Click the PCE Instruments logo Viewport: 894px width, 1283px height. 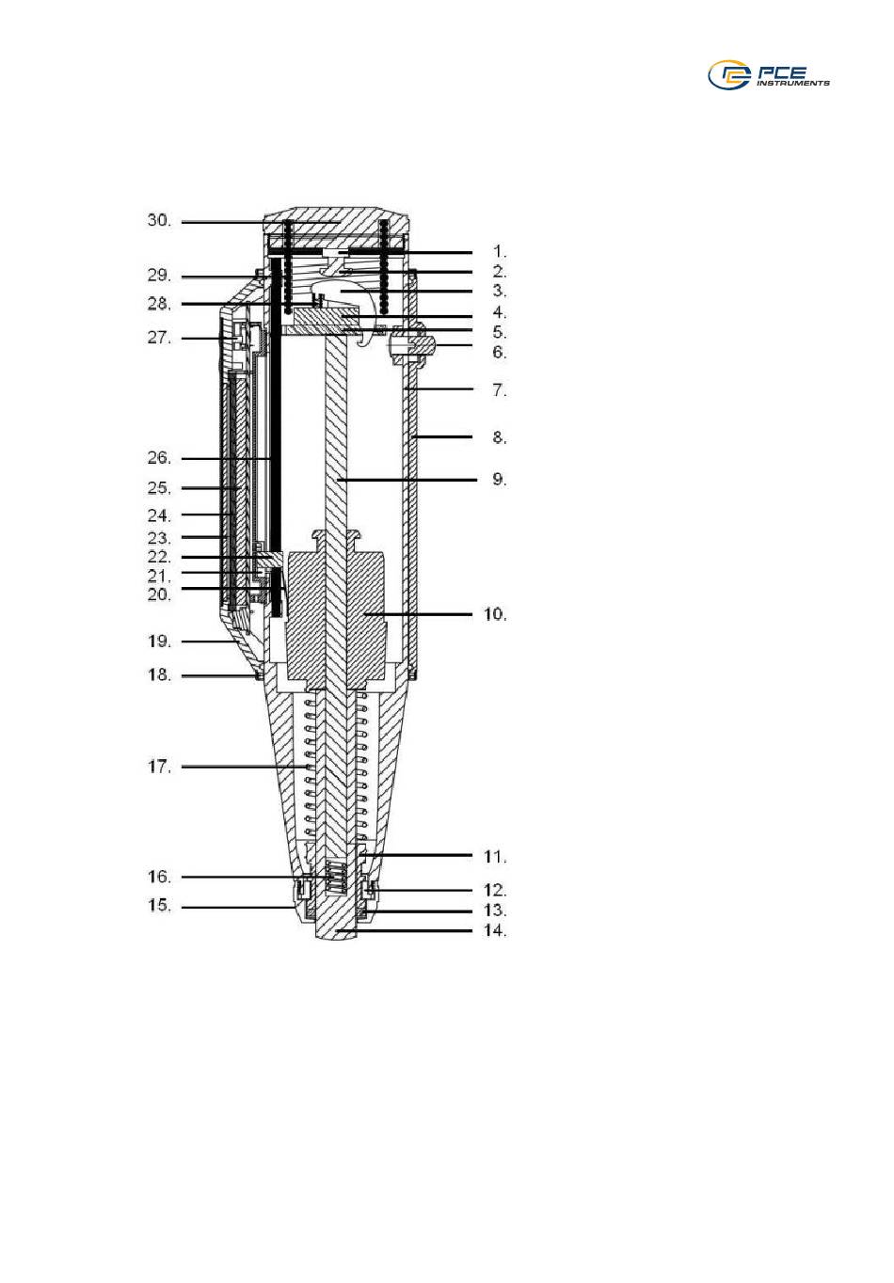(x=769, y=75)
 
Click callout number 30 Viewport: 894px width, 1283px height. (x=159, y=220)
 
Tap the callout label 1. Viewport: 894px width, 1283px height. (x=501, y=251)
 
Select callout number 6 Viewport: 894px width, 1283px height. (x=500, y=352)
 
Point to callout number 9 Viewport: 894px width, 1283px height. (x=500, y=479)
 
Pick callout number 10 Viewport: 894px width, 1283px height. (x=496, y=614)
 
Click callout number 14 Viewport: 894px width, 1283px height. (x=496, y=930)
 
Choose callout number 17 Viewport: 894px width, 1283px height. (x=159, y=767)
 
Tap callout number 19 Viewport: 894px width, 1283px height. (x=159, y=641)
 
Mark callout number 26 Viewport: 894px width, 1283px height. (x=159, y=458)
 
